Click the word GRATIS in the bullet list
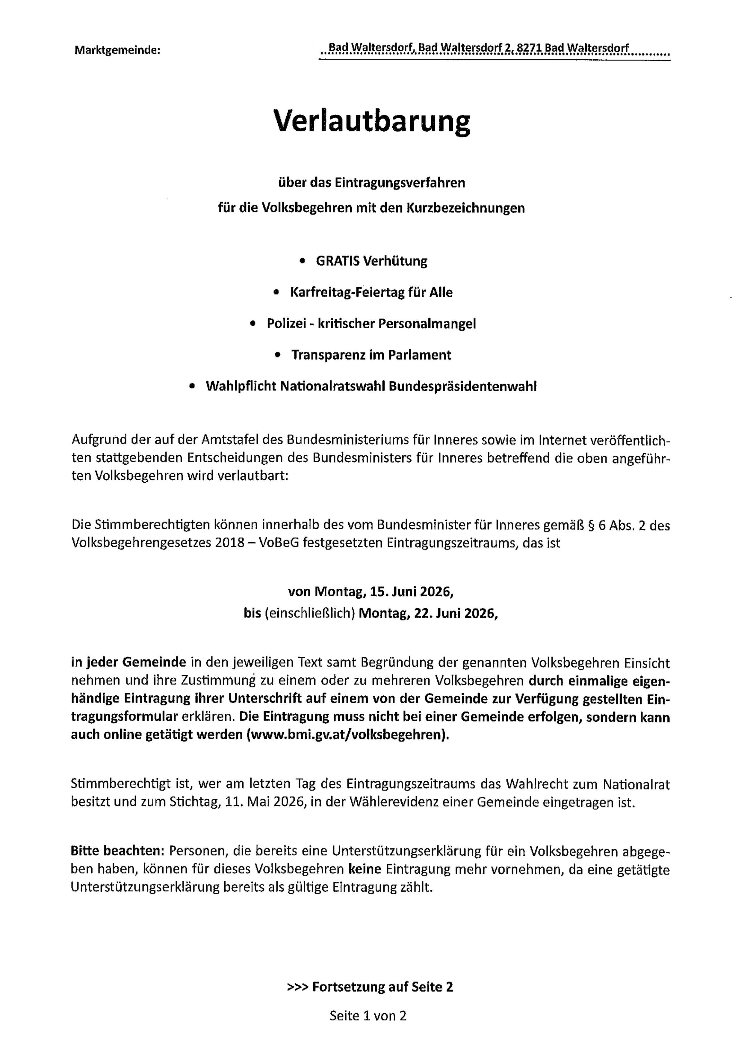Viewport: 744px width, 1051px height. pos(337,261)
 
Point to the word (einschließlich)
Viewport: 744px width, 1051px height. pos(310,614)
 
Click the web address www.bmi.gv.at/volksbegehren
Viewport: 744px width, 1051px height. pos(347,734)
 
